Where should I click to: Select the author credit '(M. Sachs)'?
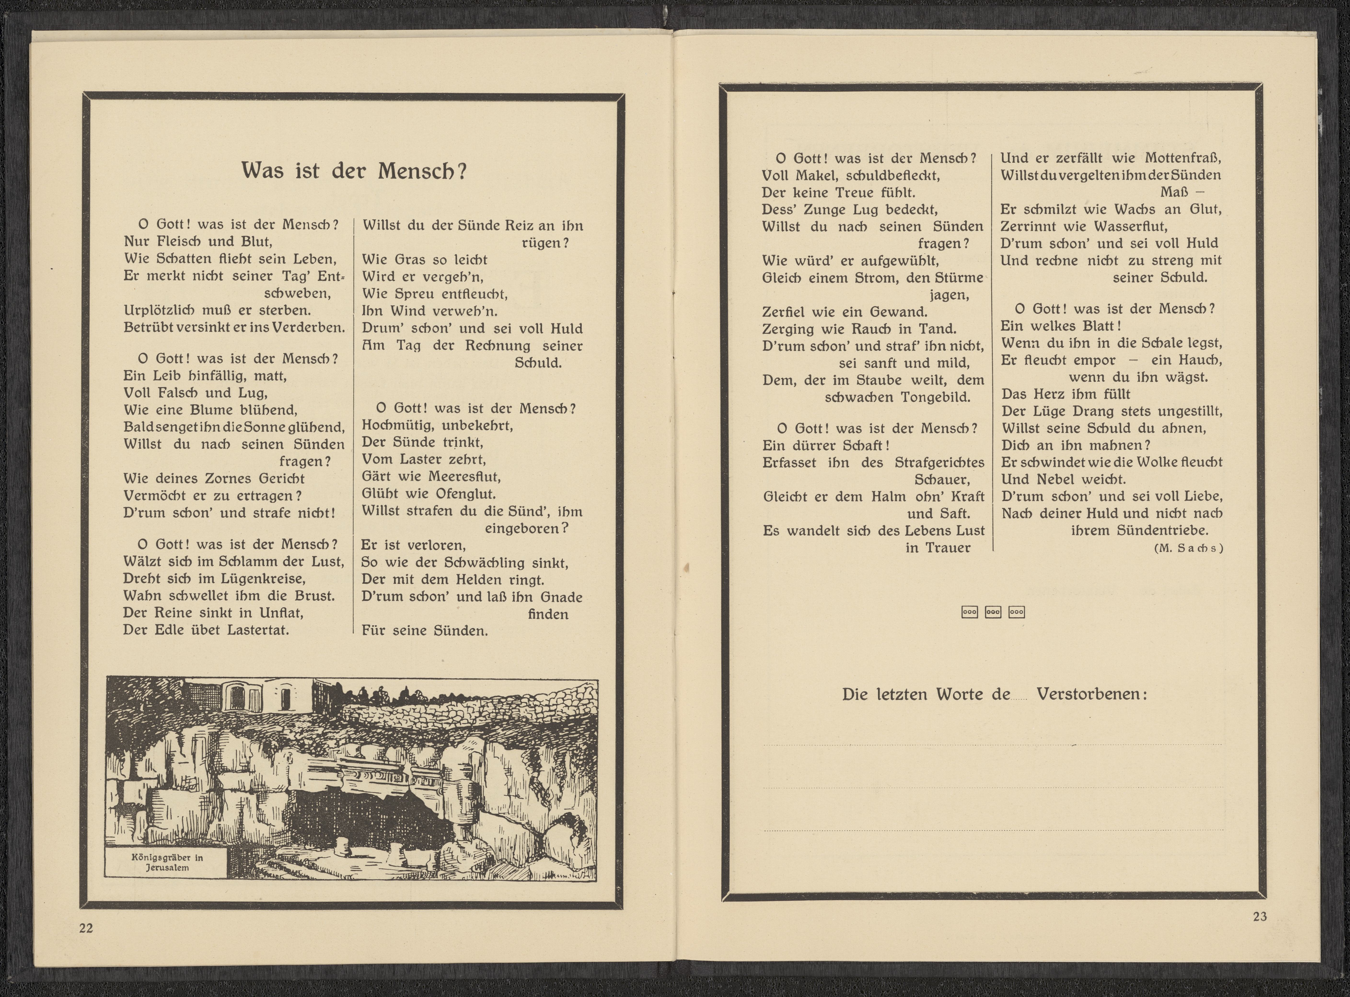click(x=1188, y=548)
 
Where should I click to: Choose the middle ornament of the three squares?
click(x=993, y=612)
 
